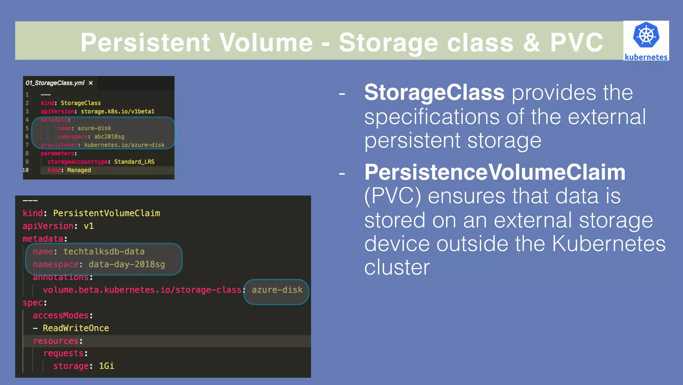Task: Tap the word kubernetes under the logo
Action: coord(646,57)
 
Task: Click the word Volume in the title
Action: coord(266,42)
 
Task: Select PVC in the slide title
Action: coord(577,42)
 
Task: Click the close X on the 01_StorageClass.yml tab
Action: coord(91,83)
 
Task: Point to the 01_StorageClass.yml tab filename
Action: coord(55,83)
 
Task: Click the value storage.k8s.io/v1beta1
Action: coord(117,111)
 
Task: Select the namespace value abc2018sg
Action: coord(109,137)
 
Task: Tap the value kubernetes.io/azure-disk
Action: coord(124,145)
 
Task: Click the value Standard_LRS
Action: coord(134,162)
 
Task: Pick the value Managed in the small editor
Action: coord(79,170)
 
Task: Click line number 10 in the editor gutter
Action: coord(26,170)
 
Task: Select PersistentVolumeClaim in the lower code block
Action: coord(106,213)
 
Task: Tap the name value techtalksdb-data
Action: coord(104,251)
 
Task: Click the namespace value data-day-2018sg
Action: coord(127,264)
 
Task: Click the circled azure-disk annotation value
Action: coord(277,290)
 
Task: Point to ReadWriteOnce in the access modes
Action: coord(76,328)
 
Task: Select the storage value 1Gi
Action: coord(106,366)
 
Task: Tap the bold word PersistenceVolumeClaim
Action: coord(495,172)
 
